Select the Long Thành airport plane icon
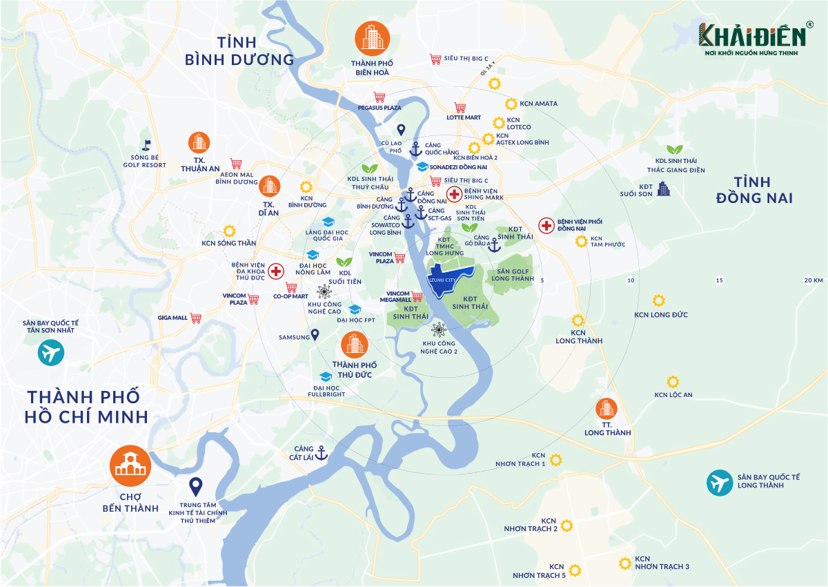(x=719, y=483)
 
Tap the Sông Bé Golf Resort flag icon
(x=146, y=146)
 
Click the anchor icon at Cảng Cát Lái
(x=320, y=453)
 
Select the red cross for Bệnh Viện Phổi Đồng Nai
(x=546, y=226)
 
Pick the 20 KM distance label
(x=814, y=280)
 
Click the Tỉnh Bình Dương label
(x=239, y=50)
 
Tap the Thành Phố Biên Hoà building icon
(x=372, y=39)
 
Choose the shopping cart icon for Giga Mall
(x=197, y=318)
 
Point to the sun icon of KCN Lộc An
(x=673, y=381)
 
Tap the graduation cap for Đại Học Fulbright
(x=326, y=376)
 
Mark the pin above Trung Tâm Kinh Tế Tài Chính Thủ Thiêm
(x=196, y=488)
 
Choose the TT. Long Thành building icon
(x=607, y=409)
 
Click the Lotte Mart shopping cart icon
(x=460, y=107)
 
